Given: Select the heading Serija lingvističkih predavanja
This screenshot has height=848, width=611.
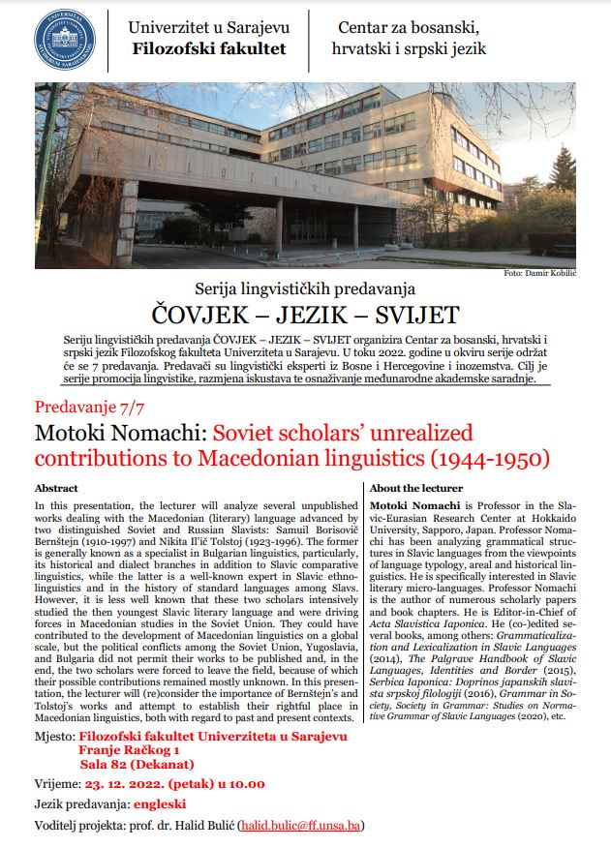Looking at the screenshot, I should [304, 288].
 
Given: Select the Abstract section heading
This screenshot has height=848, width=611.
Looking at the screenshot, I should [55, 488].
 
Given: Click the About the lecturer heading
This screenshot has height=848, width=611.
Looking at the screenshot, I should [416, 488].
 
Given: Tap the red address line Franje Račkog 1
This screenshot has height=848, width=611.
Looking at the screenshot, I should [130, 750].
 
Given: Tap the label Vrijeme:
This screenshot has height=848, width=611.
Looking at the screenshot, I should [58, 784].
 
